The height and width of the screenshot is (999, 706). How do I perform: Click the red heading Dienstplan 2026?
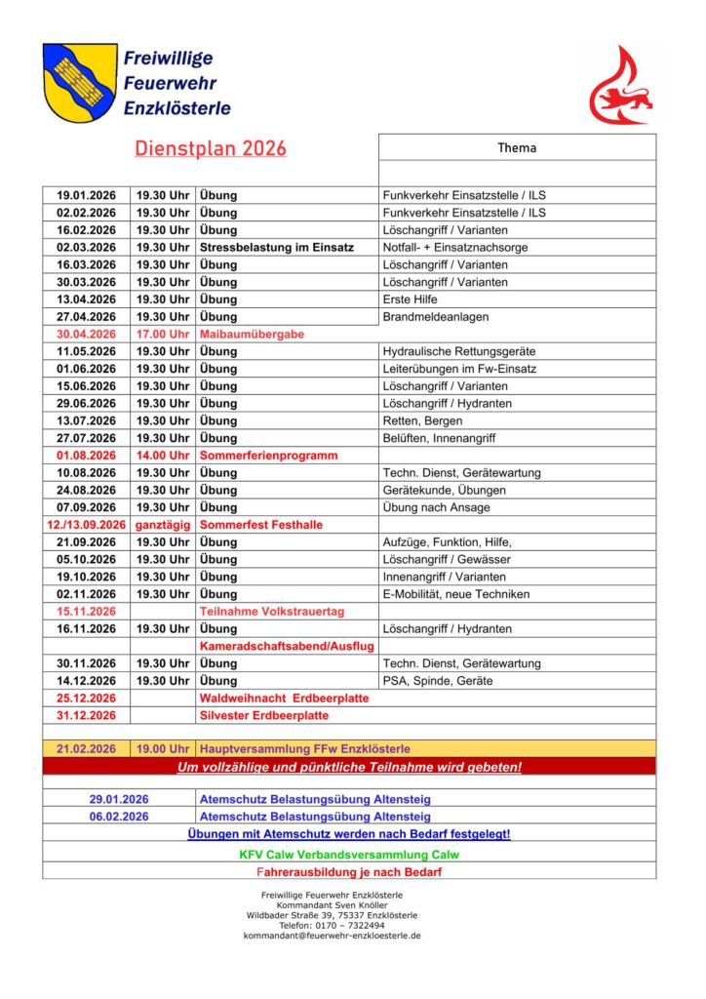click(211, 148)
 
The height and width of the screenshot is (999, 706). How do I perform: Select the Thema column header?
click(517, 148)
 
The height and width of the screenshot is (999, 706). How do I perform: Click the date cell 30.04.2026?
click(86, 334)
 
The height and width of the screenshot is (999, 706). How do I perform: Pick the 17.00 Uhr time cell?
click(163, 334)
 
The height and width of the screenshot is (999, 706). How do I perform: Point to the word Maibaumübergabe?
click(252, 334)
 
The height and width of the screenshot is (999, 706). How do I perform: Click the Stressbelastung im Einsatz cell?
click(276, 247)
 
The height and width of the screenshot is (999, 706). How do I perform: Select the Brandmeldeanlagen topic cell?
click(436, 316)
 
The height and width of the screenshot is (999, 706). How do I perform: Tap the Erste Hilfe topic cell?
click(411, 300)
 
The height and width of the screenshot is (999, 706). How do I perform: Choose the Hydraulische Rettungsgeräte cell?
click(459, 351)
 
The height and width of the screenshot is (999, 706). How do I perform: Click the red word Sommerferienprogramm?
click(268, 456)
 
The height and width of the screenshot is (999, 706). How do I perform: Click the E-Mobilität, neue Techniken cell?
click(456, 594)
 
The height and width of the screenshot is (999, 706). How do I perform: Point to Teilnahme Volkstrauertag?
click(272, 612)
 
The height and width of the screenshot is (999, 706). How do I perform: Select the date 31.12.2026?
click(86, 715)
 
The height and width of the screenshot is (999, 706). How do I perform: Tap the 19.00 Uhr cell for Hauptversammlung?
click(163, 748)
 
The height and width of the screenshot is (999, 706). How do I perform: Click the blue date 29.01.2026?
click(119, 799)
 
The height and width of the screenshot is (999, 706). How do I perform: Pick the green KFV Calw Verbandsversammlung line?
click(349, 854)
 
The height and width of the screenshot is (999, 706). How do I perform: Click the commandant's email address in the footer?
click(333, 936)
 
